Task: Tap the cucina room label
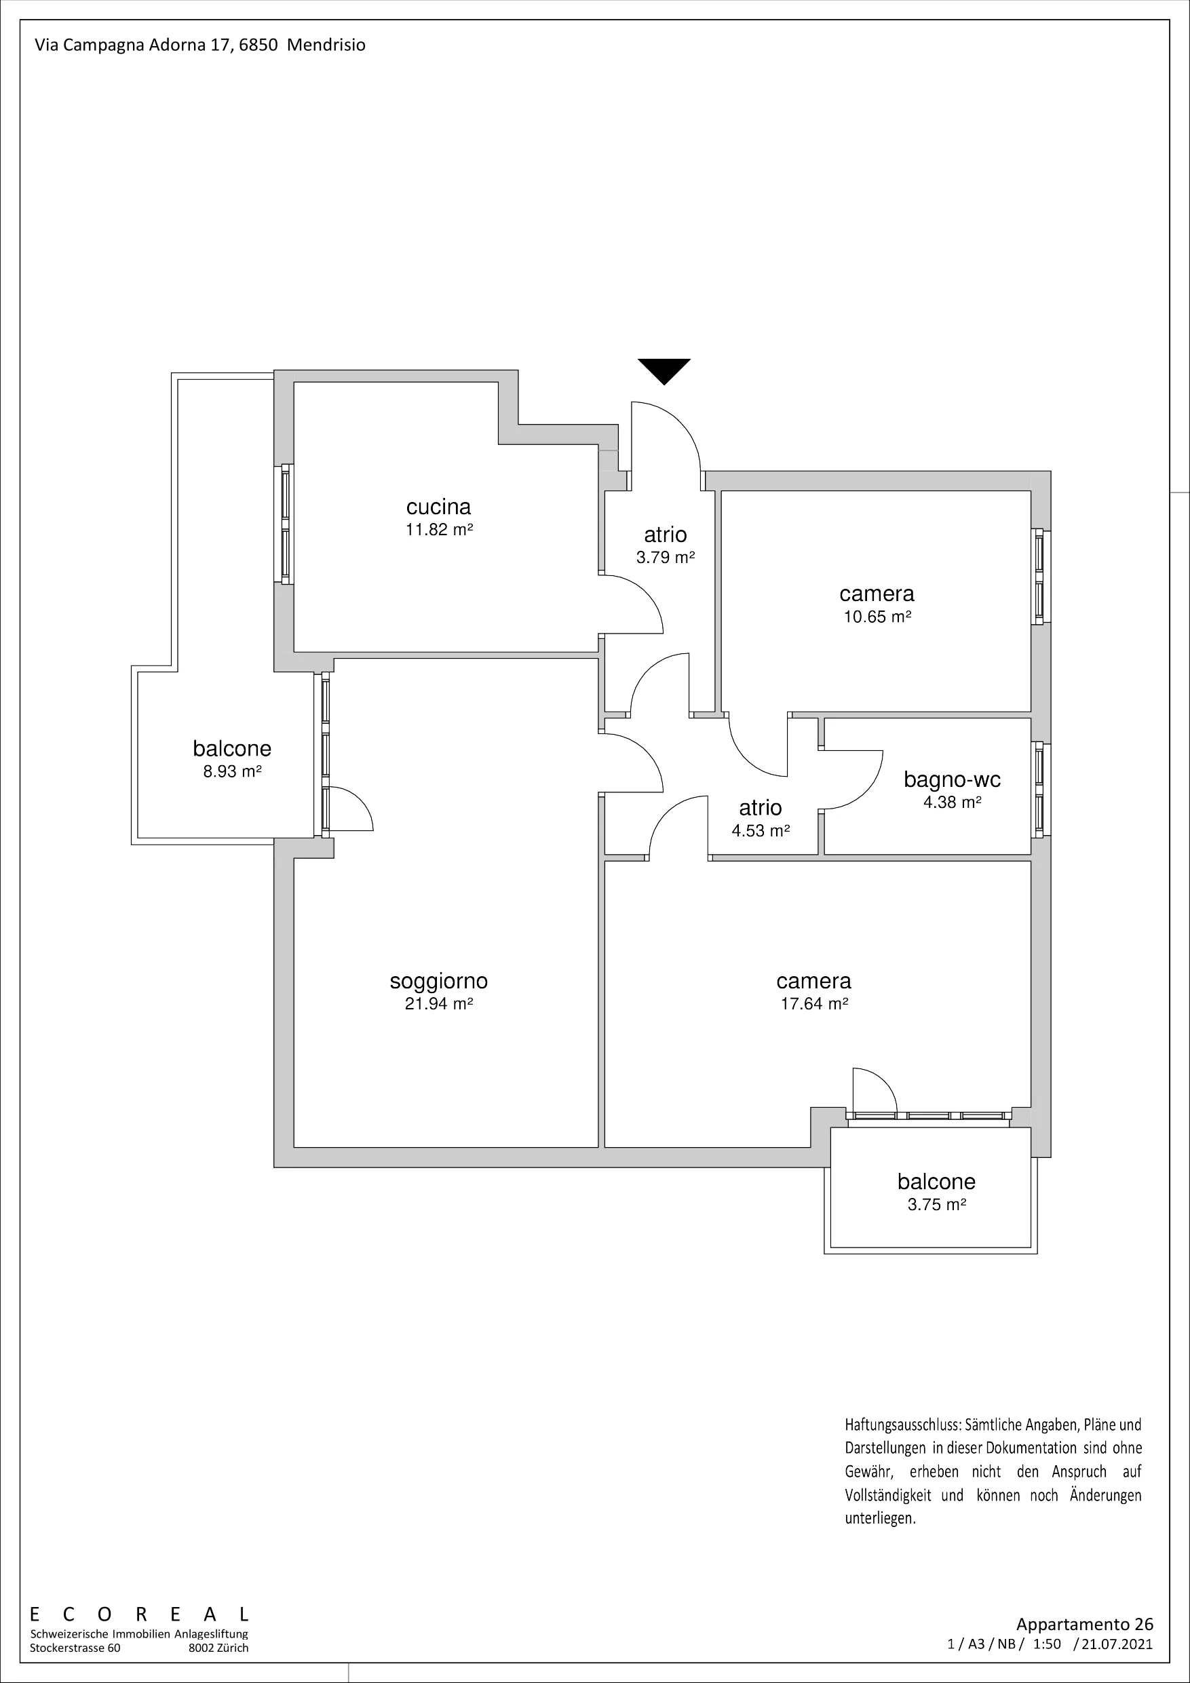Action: [438, 507]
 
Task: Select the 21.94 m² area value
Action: [438, 1003]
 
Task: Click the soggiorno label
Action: [438, 981]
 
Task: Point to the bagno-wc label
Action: [952, 779]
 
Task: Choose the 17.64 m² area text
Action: [814, 1003]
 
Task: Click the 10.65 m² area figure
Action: [877, 617]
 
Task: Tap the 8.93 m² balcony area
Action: [233, 771]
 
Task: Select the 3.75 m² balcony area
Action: [936, 1204]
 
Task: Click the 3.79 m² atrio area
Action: [665, 557]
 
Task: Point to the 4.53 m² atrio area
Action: [761, 830]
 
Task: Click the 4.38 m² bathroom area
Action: [952, 802]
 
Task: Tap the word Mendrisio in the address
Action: [326, 45]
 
